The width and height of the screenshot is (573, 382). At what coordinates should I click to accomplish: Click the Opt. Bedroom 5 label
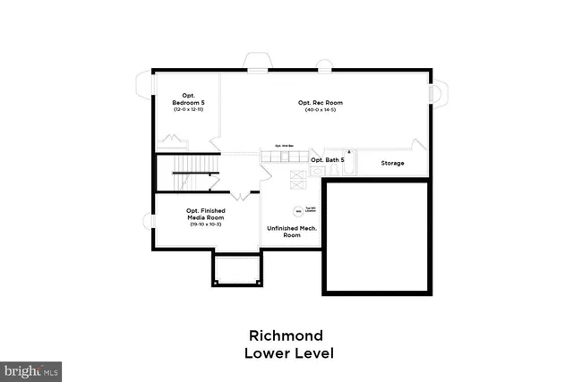(189, 98)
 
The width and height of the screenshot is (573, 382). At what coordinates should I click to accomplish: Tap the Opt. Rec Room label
(321, 103)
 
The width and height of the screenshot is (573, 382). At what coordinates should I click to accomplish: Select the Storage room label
(392, 164)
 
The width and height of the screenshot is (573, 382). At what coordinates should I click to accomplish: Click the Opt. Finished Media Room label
(205, 214)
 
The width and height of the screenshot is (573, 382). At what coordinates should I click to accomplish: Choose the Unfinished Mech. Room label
(292, 231)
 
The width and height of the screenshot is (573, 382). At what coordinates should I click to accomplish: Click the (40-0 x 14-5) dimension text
(321, 110)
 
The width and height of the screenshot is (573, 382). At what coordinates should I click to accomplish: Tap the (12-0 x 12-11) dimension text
(189, 109)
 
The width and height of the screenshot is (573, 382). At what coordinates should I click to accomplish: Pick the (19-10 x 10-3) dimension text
(205, 224)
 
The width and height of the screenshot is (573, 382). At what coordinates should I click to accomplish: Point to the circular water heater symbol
(299, 213)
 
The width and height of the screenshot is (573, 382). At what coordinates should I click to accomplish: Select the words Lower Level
(288, 353)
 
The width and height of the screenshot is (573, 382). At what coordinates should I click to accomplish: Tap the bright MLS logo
(31, 369)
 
